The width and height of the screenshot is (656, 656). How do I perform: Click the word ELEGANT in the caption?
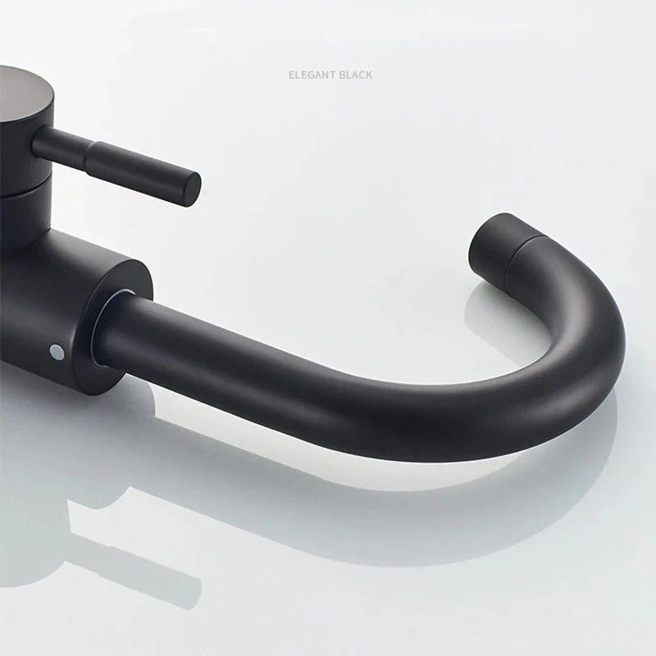[x=312, y=75]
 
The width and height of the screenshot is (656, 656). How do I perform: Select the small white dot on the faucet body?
[x=56, y=352]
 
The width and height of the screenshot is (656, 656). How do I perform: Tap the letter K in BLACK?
[x=368, y=75]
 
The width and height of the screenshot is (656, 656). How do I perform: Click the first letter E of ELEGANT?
[x=291, y=75]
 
